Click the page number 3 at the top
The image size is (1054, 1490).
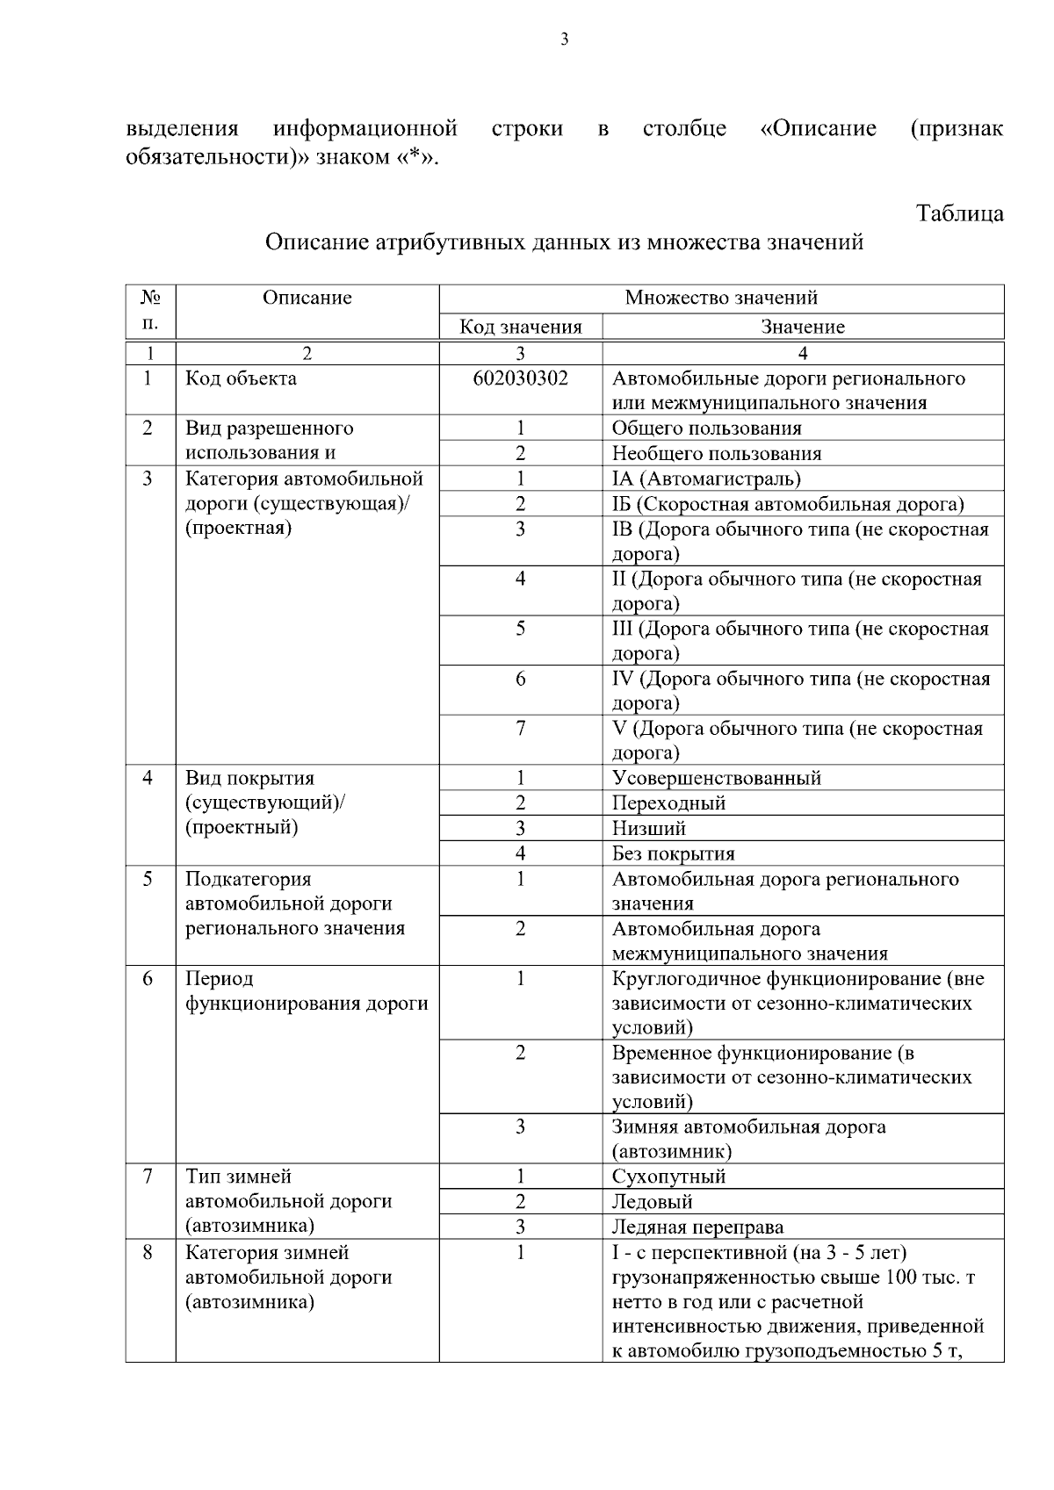pos(564,39)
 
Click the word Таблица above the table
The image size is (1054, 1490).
pos(959,213)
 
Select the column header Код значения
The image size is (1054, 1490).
pos(521,328)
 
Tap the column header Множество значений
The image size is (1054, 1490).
pos(721,298)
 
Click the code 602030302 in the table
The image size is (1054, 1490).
pos(520,378)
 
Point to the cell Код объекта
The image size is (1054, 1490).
pos(241,378)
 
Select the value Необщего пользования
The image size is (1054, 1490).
pos(717,453)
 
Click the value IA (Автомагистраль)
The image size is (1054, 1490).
pos(706,479)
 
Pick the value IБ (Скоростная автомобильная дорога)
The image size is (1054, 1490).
pos(788,504)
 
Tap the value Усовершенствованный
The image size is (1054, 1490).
pos(717,778)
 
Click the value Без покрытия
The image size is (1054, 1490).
pos(673,853)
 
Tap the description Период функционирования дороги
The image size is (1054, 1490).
pos(307,991)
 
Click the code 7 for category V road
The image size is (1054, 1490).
pos(520,729)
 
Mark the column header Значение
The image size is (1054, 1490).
pos(803,328)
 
